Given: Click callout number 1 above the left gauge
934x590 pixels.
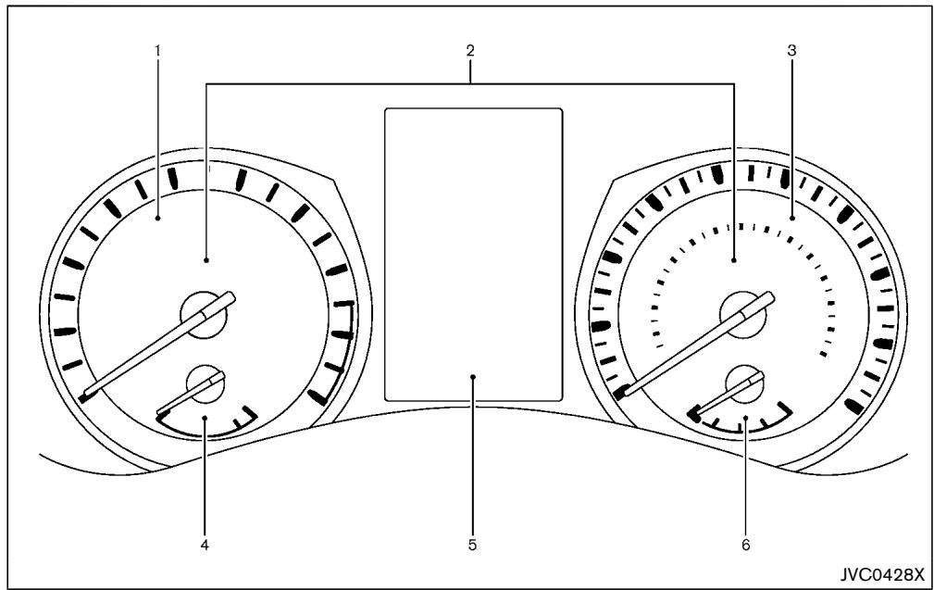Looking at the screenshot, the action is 158,51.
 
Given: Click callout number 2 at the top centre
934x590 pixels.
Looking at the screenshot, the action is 470,51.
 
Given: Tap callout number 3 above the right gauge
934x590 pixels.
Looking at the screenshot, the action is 791,51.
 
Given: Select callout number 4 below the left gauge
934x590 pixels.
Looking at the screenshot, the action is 205,546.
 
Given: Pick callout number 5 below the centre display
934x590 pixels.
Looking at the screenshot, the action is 472,546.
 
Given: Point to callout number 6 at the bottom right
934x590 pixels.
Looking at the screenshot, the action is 746,546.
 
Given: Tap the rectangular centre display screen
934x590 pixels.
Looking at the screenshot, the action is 474,255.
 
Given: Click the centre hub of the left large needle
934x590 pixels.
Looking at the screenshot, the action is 204,315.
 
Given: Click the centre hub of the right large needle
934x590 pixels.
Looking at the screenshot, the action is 743,315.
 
